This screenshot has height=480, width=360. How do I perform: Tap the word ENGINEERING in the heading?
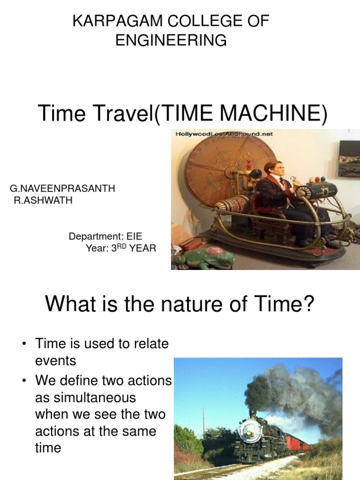tap(171, 40)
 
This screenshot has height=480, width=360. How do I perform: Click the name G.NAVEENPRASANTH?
tap(62, 188)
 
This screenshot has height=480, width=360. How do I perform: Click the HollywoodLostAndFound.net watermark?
tap(224, 134)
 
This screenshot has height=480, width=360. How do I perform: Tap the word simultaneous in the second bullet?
tap(86, 398)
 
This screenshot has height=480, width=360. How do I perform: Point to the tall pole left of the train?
tap(203, 422)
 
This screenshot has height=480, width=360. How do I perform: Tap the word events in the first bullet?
tap(55, 361)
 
